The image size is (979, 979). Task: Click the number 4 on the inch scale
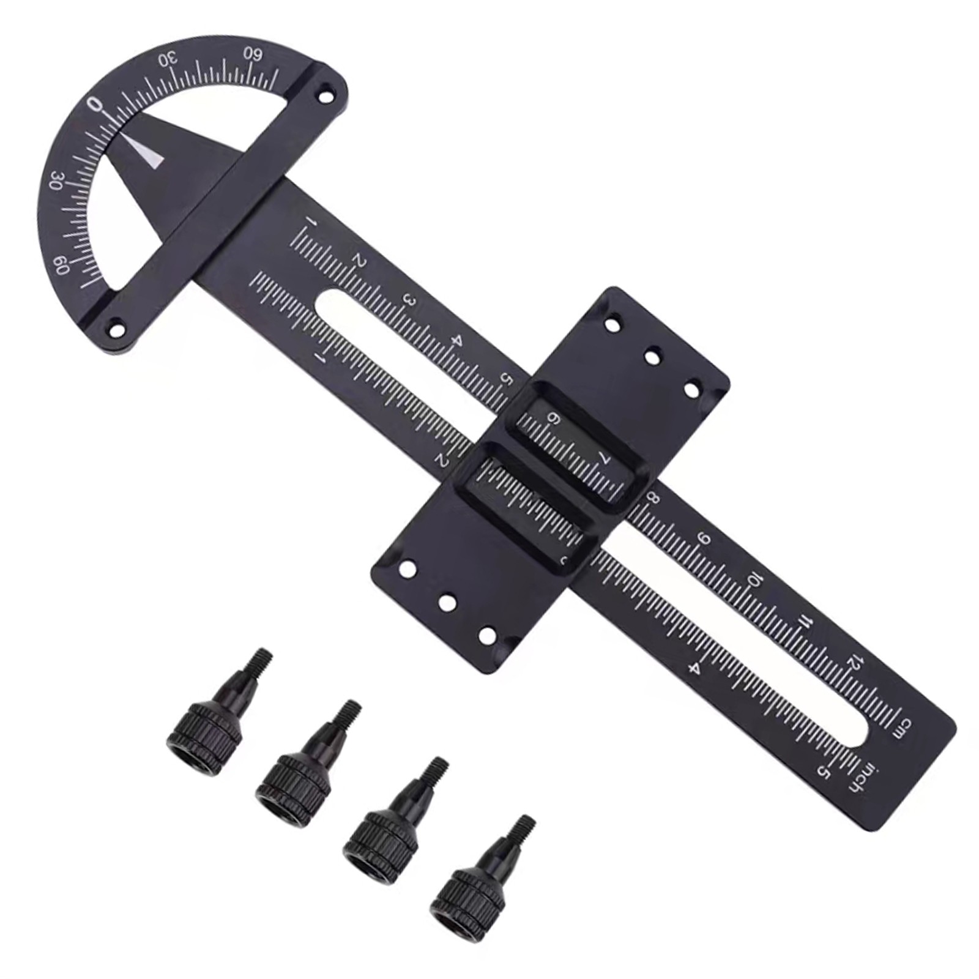(694, 668)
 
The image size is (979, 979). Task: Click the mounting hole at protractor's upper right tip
(323, 96)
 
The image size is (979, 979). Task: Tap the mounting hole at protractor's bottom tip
(114, 327)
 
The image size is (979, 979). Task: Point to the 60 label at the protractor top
(253, 54)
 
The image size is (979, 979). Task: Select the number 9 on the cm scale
(705, 539)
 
